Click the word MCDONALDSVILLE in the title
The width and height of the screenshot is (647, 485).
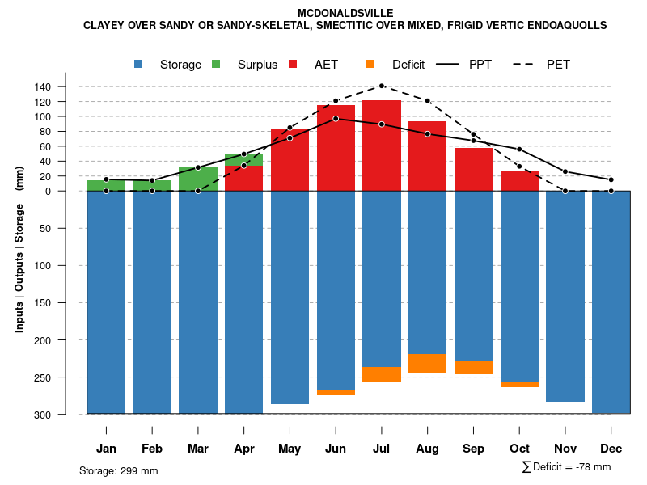point(345,13)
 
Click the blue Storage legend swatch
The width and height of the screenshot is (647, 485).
point(140,64)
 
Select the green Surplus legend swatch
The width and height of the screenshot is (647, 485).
point(215,64)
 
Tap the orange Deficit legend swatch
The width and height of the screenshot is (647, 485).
point(370,64)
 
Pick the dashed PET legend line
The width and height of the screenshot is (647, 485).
point(529,64)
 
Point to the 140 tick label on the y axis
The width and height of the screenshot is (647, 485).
point(65,86)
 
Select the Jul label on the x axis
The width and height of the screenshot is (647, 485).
point(382,449)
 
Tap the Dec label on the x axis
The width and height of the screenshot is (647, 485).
point(611,449)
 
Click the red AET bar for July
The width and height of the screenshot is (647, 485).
point(382,145)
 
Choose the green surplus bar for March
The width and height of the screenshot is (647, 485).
point(198,179)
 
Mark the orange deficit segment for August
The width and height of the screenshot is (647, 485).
point(427,364)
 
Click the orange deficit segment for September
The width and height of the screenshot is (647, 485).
point(473,367)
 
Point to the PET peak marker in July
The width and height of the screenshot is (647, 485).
point(382,86)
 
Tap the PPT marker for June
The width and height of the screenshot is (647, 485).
point(336,118)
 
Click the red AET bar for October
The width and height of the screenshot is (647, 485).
point(519,181)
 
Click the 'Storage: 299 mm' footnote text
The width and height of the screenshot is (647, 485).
point(118,470)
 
